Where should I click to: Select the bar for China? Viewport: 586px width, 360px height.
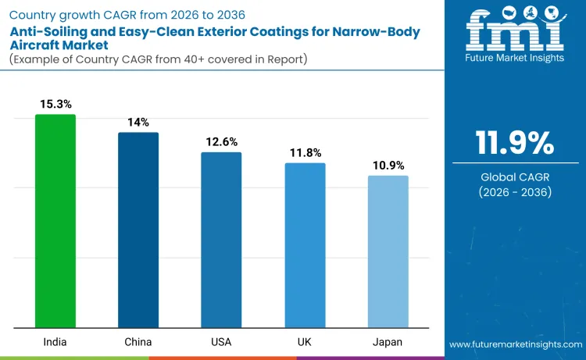pyautogui.click(x=138, y=230)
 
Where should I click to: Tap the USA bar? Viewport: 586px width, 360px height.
pyautogui.click(x=221, y=240)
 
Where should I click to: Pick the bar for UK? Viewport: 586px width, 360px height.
pyautogui.click(x=305, y=245)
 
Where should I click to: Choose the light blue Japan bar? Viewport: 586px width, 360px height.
pyautogui.click(x=388, y=251)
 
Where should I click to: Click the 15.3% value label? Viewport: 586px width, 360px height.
pyautogui.click(x=55, y=104)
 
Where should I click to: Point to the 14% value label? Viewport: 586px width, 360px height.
pyautogui.click(x=138, y=122)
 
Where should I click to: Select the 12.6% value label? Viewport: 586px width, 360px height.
pyautogui.click(x=221, y=141)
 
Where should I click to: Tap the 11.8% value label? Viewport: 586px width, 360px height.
pyautogui.click(x=305, y=152)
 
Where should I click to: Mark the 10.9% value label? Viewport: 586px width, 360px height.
pyautogui.click(x=388, y=165)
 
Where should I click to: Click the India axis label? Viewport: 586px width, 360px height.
pyautogui.click(x=55, y=342)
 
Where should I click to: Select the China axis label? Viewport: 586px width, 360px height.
pyautogui.click(x=138, y=342)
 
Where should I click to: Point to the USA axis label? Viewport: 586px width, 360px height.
pyautogui.click(x=221, y=342)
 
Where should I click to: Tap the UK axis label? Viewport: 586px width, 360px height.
pyautogui.click(x=305, y=342)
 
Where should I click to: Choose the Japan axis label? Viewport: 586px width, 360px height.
pyautogui.click(x=388, y=342)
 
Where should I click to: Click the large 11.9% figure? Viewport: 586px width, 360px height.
pyautogui.click(x=515, y=143)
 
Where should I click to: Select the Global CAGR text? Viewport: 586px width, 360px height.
pyautogui.click(x=515, y=176)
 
